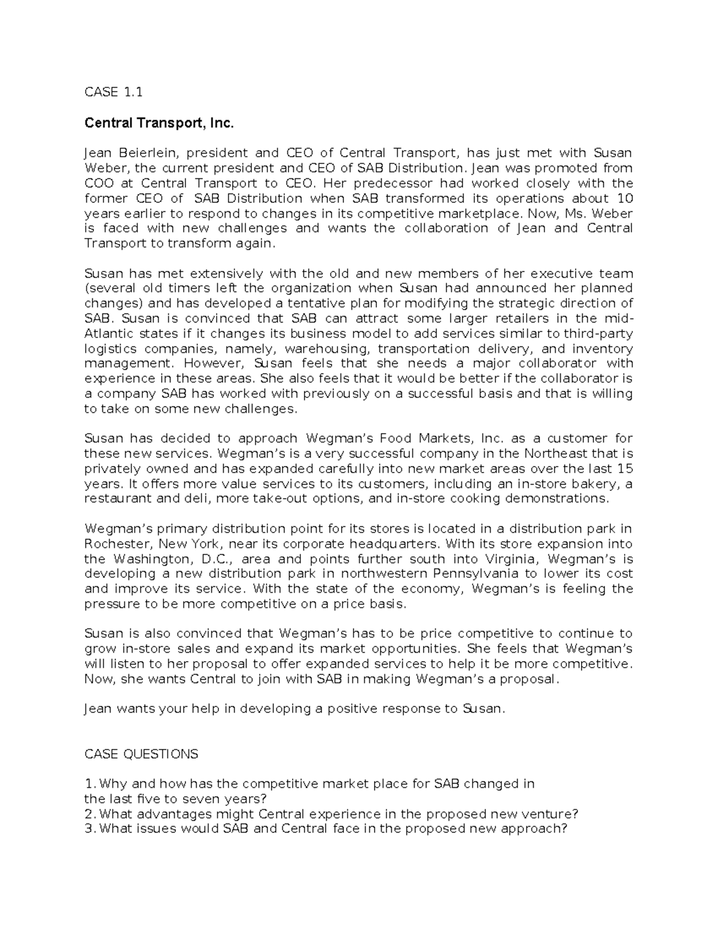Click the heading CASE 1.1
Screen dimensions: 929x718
coord(114,92)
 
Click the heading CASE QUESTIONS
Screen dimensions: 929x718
coord(141,754)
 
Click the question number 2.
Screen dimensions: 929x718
coord(89,814)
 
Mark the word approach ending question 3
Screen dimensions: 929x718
coord(536,829)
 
